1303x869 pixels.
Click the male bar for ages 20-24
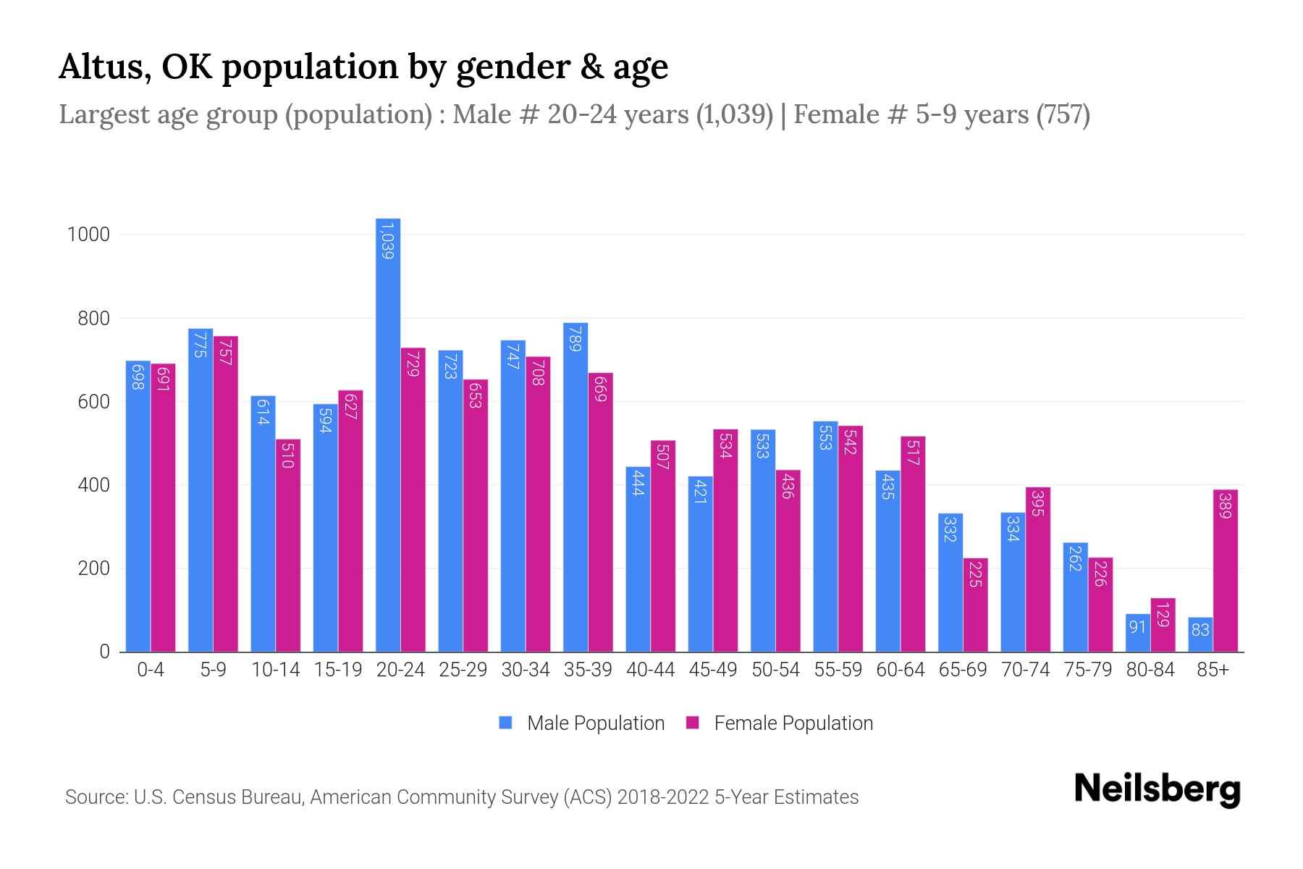(388, 434)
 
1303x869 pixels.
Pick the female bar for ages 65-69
(975, 605)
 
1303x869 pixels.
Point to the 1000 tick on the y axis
(88, 235)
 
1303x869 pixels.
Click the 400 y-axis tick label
(93, 485)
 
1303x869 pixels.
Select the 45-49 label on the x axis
(713, 670)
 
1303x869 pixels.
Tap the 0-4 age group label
(151, 670)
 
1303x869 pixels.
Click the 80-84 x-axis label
(1150, 670)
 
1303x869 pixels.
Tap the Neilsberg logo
(1157, 789)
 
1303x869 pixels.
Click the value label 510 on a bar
(287, 458)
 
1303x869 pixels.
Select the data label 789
(575, 339)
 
